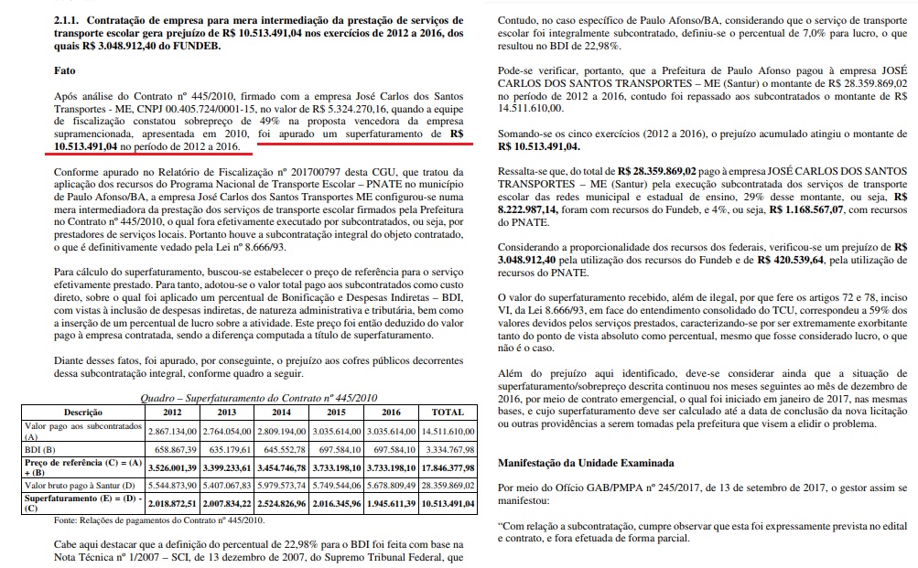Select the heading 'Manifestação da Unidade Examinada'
585,463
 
